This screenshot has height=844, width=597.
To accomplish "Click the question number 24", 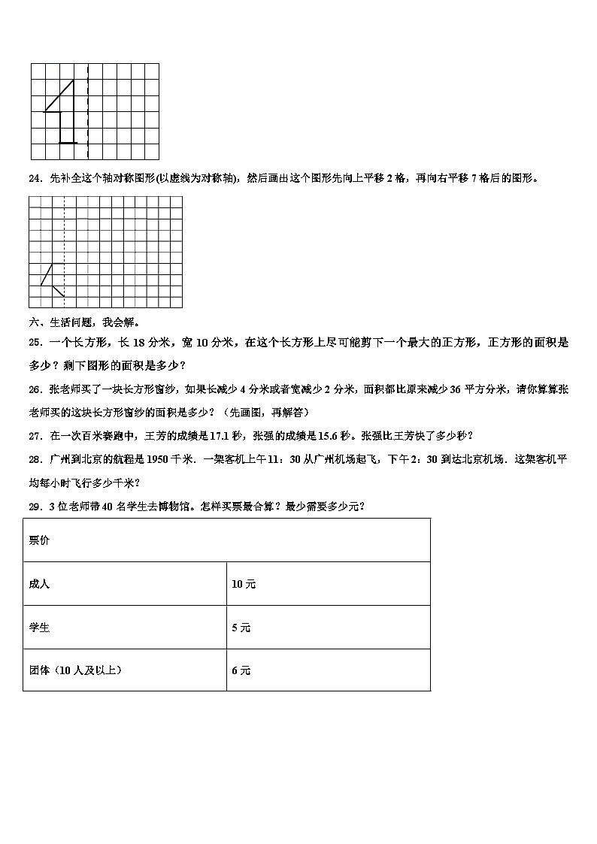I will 34,178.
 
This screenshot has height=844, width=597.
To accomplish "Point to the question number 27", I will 34,435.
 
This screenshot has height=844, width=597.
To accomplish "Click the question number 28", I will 34,459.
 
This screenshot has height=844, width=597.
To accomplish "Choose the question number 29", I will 34,506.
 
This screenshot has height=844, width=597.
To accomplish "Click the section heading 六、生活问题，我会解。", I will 83,322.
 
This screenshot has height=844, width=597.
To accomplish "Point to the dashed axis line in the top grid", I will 88,111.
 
